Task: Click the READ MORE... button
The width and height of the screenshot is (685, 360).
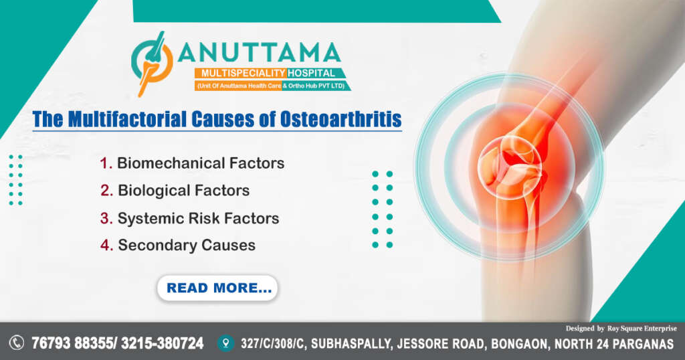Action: coord(217,288)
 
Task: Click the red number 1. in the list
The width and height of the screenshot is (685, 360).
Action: coord(106,163)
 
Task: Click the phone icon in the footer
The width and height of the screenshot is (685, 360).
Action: coord(17,343)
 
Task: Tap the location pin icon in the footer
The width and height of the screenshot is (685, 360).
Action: coord(225,343)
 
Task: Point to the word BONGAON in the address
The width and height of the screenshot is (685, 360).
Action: coord(515,344)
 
